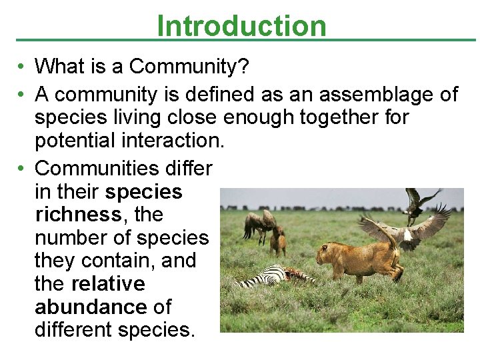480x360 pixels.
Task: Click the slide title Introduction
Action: pos(241,26)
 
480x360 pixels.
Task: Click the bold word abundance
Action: pos(90,307)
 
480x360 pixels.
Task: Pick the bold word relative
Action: pos(107,284)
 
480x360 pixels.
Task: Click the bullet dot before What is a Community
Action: pos(22,67)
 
